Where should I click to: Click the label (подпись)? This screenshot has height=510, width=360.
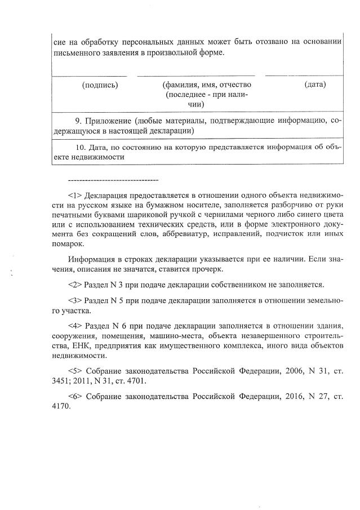100,85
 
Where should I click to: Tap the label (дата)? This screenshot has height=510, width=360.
314,85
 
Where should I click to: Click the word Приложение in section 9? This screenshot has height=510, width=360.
109,121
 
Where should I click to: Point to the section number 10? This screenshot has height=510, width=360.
80,148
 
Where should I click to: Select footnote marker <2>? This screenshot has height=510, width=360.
75,285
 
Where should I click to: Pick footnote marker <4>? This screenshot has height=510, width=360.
75,326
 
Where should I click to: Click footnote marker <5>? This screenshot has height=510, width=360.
75,371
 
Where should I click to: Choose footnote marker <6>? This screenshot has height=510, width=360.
75,397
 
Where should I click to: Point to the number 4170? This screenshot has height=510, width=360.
60,407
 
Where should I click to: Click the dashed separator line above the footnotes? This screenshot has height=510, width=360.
113,180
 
